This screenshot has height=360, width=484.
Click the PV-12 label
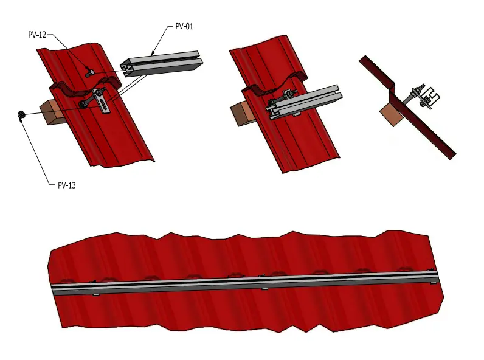[x=37, y=35]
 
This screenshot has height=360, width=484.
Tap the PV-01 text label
[x=184, y=27]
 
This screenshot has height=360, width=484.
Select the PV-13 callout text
[x=67, y=185]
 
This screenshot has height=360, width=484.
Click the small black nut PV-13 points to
[x=21, y=114]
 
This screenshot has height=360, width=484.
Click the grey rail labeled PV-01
[x=162, y=64]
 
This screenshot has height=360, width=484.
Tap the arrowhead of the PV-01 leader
[x=153, y=53]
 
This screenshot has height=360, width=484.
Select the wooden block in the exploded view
[x=50, y=112]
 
